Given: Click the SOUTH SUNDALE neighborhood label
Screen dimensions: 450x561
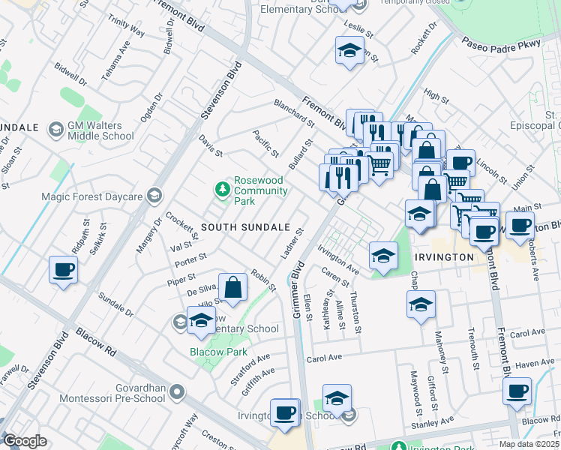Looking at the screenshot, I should click(x=245, y=226).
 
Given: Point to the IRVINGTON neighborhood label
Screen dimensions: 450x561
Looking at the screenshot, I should click(x=443, y=257).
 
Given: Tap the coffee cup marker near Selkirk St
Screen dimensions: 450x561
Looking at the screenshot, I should click(x=63, y=270).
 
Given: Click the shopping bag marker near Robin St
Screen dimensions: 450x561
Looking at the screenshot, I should click(x=233, y=287).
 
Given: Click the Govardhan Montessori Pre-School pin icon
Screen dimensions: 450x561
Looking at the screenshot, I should click(x=177, y=391).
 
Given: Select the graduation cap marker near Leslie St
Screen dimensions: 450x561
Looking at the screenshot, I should click(x=349, y=52).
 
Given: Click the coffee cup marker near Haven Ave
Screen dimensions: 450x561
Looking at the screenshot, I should click(x=517, y=391).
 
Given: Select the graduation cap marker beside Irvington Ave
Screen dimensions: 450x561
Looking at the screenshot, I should click(x=382, y=256).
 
